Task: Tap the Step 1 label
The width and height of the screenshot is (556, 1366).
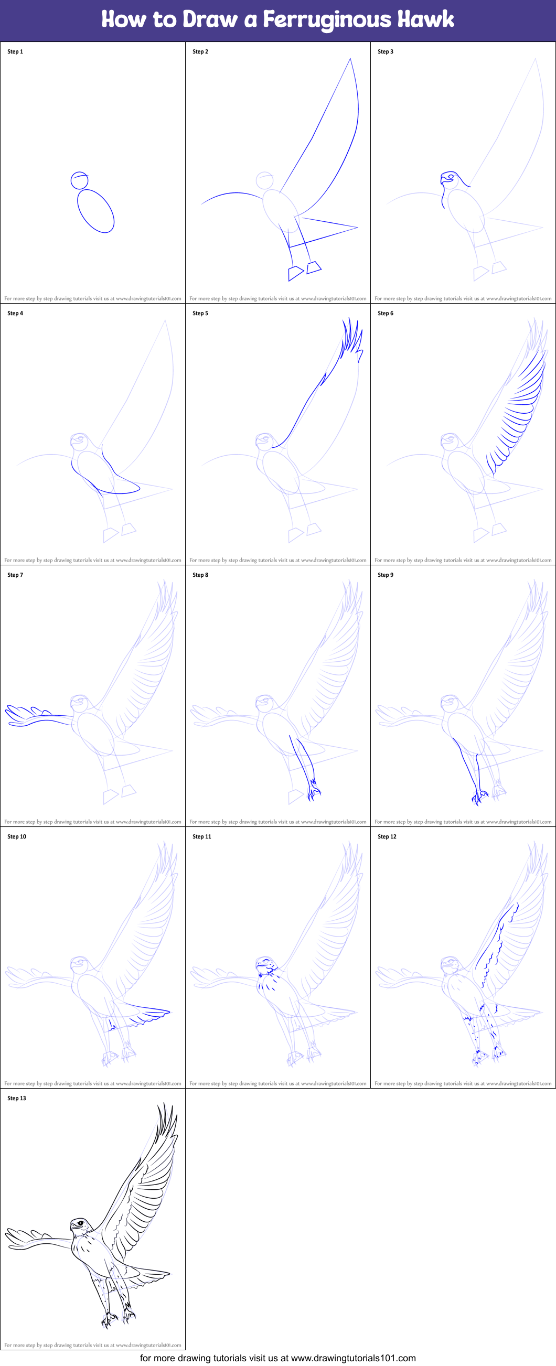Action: click(x=15, y=51)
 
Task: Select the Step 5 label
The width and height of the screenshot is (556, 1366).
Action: click(x=200, y=313)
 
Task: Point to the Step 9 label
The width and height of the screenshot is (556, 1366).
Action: click(x=385, y=575)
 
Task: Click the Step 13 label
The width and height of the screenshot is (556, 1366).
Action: click(x=16, y=1098)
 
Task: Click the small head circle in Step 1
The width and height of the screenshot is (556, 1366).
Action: click(x=79, y=180)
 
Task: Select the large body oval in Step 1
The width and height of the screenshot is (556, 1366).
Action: click(x=95, y=211)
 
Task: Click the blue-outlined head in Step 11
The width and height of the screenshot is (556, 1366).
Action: click(x=265, y=965)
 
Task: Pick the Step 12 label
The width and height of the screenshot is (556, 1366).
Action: click(x=387, y=836)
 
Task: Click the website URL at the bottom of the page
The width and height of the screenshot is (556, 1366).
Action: click(x=353, y=1358)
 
